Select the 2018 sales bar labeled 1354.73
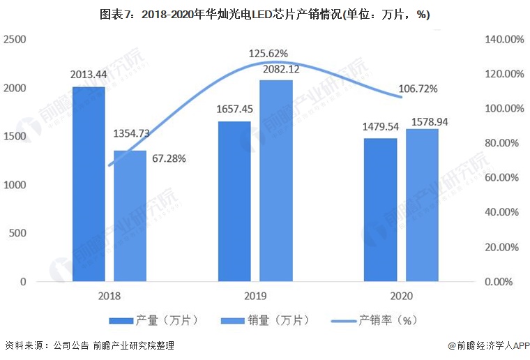pyautogui.click(x=130, y=216)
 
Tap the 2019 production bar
pyautogui.click(x=235, y=202)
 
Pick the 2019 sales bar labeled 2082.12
pyautogui.click(x=276, y=181)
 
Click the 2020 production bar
pyautogui.click(x=380, y=210)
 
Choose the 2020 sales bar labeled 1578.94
pyautogui.click(x=422, y=205)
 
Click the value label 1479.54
pyautogui.click(x=380, y=127)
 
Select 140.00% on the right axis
pyautogui.click(x=503, y=40)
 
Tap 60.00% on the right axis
pyautogui.click(x=503, y=178)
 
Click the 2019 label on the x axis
pyautogui.click(x=255, y=296)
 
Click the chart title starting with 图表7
pyautogui.click(x=265, y=13)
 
